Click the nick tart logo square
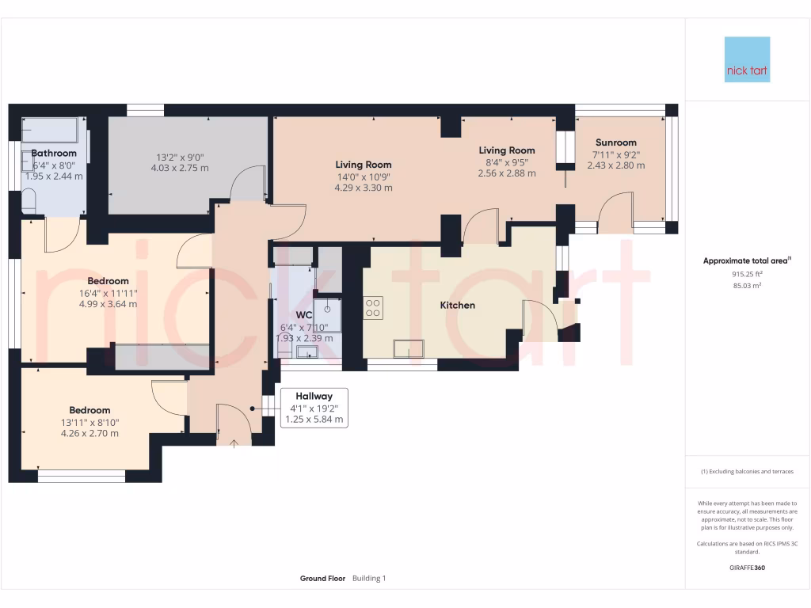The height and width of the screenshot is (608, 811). [747, 59]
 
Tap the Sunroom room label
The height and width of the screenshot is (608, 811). [616, 142]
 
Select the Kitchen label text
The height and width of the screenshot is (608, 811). [458, 305]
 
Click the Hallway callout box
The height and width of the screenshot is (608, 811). [314, 408]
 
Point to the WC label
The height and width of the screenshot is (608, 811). [304, 314]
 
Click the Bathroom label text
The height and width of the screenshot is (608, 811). [54, 153]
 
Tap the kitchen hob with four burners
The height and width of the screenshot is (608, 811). [373, 307]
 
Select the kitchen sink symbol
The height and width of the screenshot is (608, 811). [409, 348]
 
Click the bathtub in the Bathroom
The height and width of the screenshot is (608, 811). [49, 129]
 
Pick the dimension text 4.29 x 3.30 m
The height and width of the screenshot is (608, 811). [364, 188]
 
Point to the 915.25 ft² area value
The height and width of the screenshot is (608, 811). [747, 273]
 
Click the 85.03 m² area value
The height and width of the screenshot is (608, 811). [747, 285]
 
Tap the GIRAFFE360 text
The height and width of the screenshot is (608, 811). [747, 568]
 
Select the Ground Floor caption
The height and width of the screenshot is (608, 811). [322, 579]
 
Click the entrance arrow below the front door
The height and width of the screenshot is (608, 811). [233, 443]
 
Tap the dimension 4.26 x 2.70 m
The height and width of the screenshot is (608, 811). [89, 433]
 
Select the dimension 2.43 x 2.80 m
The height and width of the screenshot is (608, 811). [615, 165]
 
